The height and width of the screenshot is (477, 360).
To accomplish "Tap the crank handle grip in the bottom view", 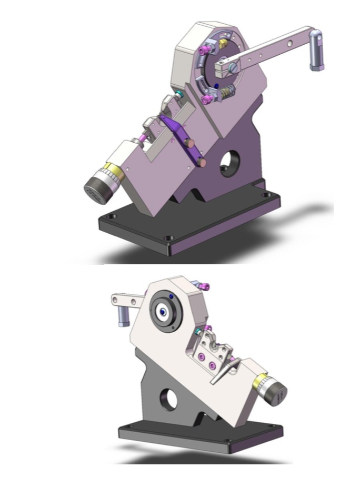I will point(123,315).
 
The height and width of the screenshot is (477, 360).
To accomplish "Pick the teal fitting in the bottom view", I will point(197,332).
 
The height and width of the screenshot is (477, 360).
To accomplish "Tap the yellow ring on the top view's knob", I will point(113,171).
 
